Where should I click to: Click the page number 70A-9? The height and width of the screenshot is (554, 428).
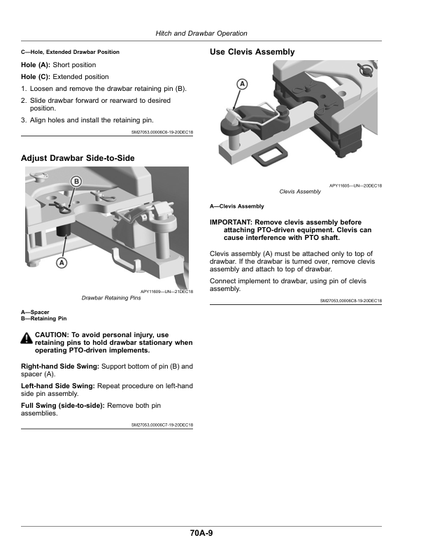point(201,534)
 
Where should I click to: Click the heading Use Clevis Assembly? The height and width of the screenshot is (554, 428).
point(252,52)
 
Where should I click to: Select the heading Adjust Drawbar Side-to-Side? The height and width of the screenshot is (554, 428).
point(78,158)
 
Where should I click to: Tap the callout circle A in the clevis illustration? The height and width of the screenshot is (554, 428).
point(242,84)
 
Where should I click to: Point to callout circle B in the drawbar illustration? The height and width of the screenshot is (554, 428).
point(76,182)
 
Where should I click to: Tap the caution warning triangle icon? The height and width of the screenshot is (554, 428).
point(27,338)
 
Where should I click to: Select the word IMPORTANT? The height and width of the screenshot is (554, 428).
point(231,222)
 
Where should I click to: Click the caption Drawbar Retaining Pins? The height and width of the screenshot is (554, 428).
point(111,298)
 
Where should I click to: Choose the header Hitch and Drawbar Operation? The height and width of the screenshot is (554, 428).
point(201,34)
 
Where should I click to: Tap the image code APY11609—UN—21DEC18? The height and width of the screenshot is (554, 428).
point(166,292)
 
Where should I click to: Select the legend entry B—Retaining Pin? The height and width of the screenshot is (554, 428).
point(44,318)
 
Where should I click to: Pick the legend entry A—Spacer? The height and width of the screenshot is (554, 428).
point(35,312)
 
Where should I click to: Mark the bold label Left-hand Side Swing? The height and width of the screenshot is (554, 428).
point(61,386)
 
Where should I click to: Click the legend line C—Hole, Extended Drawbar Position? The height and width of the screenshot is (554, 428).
point(70,52)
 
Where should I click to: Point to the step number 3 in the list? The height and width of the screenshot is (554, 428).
point(24,120)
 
